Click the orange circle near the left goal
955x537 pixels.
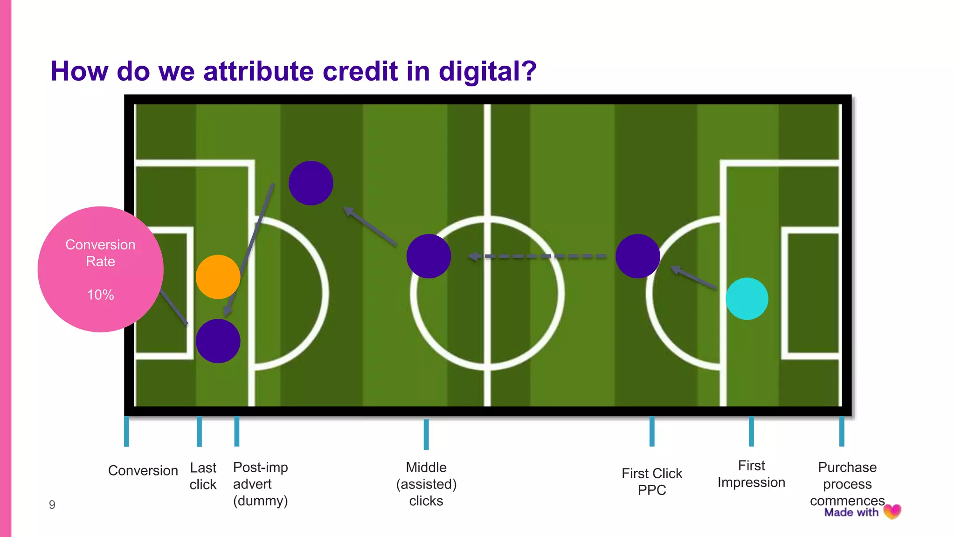tap(218, 277)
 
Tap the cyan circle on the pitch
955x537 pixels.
tap(747, 299)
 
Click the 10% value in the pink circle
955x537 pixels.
tap(100, 295)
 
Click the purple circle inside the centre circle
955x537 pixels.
tap(429, 256)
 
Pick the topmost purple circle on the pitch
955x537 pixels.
tap(311, 183)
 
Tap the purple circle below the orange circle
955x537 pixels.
tap(218, 341)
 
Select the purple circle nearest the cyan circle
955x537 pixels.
tap(637, 256)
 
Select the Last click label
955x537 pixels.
tap(203, 476)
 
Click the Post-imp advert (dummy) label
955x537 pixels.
tap(260, 484)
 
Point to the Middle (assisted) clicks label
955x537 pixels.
tap(426, 484)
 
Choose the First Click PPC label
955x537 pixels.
tap(651, 482)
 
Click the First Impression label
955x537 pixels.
tap(751, 474)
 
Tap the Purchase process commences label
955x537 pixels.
tap(847, 484)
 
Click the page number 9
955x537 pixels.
tap(52, 505)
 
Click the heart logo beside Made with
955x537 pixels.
tap(892, 512)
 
